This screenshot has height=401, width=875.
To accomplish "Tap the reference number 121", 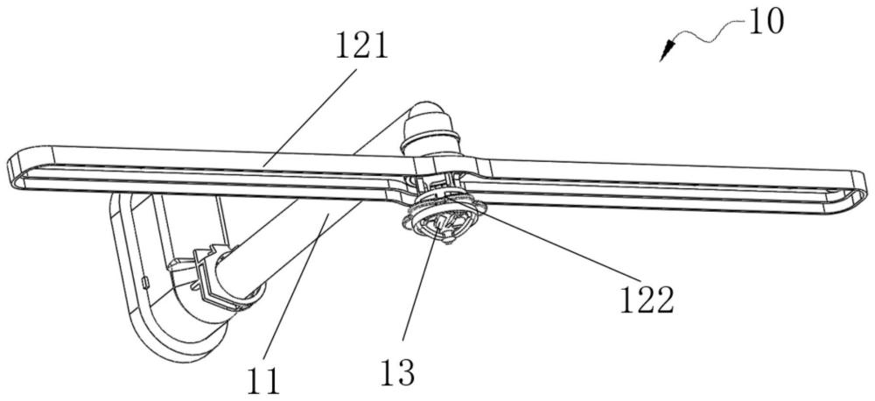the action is click(x=360, y=47).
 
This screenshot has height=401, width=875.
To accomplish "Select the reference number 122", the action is click(x=647, y=301).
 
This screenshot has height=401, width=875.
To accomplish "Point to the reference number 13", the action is click(x=397, y=371).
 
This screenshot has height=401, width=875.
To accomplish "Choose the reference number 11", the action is click(x=262, y=382).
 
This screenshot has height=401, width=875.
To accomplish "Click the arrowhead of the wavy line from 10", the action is click(x=666, y=54).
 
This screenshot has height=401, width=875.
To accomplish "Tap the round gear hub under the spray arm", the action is click(x=444, y=222).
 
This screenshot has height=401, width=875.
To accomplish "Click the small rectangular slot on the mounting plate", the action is click(x=144, y=283).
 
